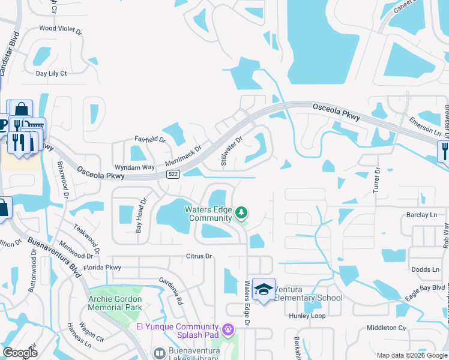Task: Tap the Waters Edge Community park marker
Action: [x=241, y=212]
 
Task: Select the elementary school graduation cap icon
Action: [x=262, y=290]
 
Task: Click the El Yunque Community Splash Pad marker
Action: [x=227, y=329]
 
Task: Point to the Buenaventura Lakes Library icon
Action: [x=159, y=353]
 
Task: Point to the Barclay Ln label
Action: [x=421, y=214]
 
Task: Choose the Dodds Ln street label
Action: [x=424, y=269]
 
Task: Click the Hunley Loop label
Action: [x=307, y=316]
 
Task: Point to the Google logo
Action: [x=20, y=353]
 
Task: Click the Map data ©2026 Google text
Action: [x=411, y=355]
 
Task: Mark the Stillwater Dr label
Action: [x=231, y=151]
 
